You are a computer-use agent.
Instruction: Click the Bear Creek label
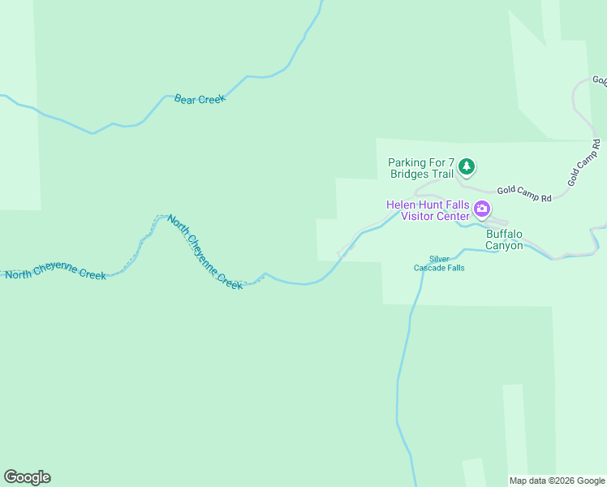point(200,99)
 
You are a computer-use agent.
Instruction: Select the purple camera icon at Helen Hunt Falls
point(482,210)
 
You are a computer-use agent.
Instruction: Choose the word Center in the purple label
point(452,216)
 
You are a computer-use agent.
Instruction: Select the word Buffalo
point(504,234)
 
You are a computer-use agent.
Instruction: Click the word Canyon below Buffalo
point(504,245)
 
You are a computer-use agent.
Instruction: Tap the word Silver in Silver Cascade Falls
point(439,259)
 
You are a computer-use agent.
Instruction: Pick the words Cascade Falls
point(439,268)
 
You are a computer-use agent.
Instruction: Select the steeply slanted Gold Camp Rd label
point(583,163)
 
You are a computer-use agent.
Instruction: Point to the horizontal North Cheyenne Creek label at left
point(55,274)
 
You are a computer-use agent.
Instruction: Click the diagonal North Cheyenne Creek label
point(204,252)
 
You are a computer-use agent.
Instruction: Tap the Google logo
point(27,477)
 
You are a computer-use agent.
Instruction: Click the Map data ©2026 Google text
point(557,480)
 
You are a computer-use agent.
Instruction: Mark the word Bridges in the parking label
point(408,175)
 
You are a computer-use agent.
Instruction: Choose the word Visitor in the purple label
point(419,216)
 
